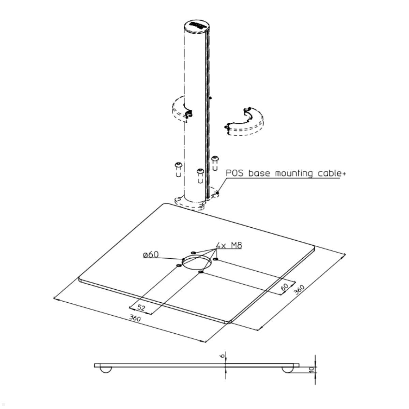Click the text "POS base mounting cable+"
coord(286,173)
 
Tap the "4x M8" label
coord(229,245)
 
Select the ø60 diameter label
coord(151,255)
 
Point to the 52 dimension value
coord(141,307)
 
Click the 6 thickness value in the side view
coord(222,356)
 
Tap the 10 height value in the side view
coord(311,369)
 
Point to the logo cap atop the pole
coord(196,26)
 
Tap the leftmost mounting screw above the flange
coord(178,169)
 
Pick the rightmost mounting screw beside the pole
coord(215,163)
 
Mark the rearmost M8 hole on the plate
coord(193,253)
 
